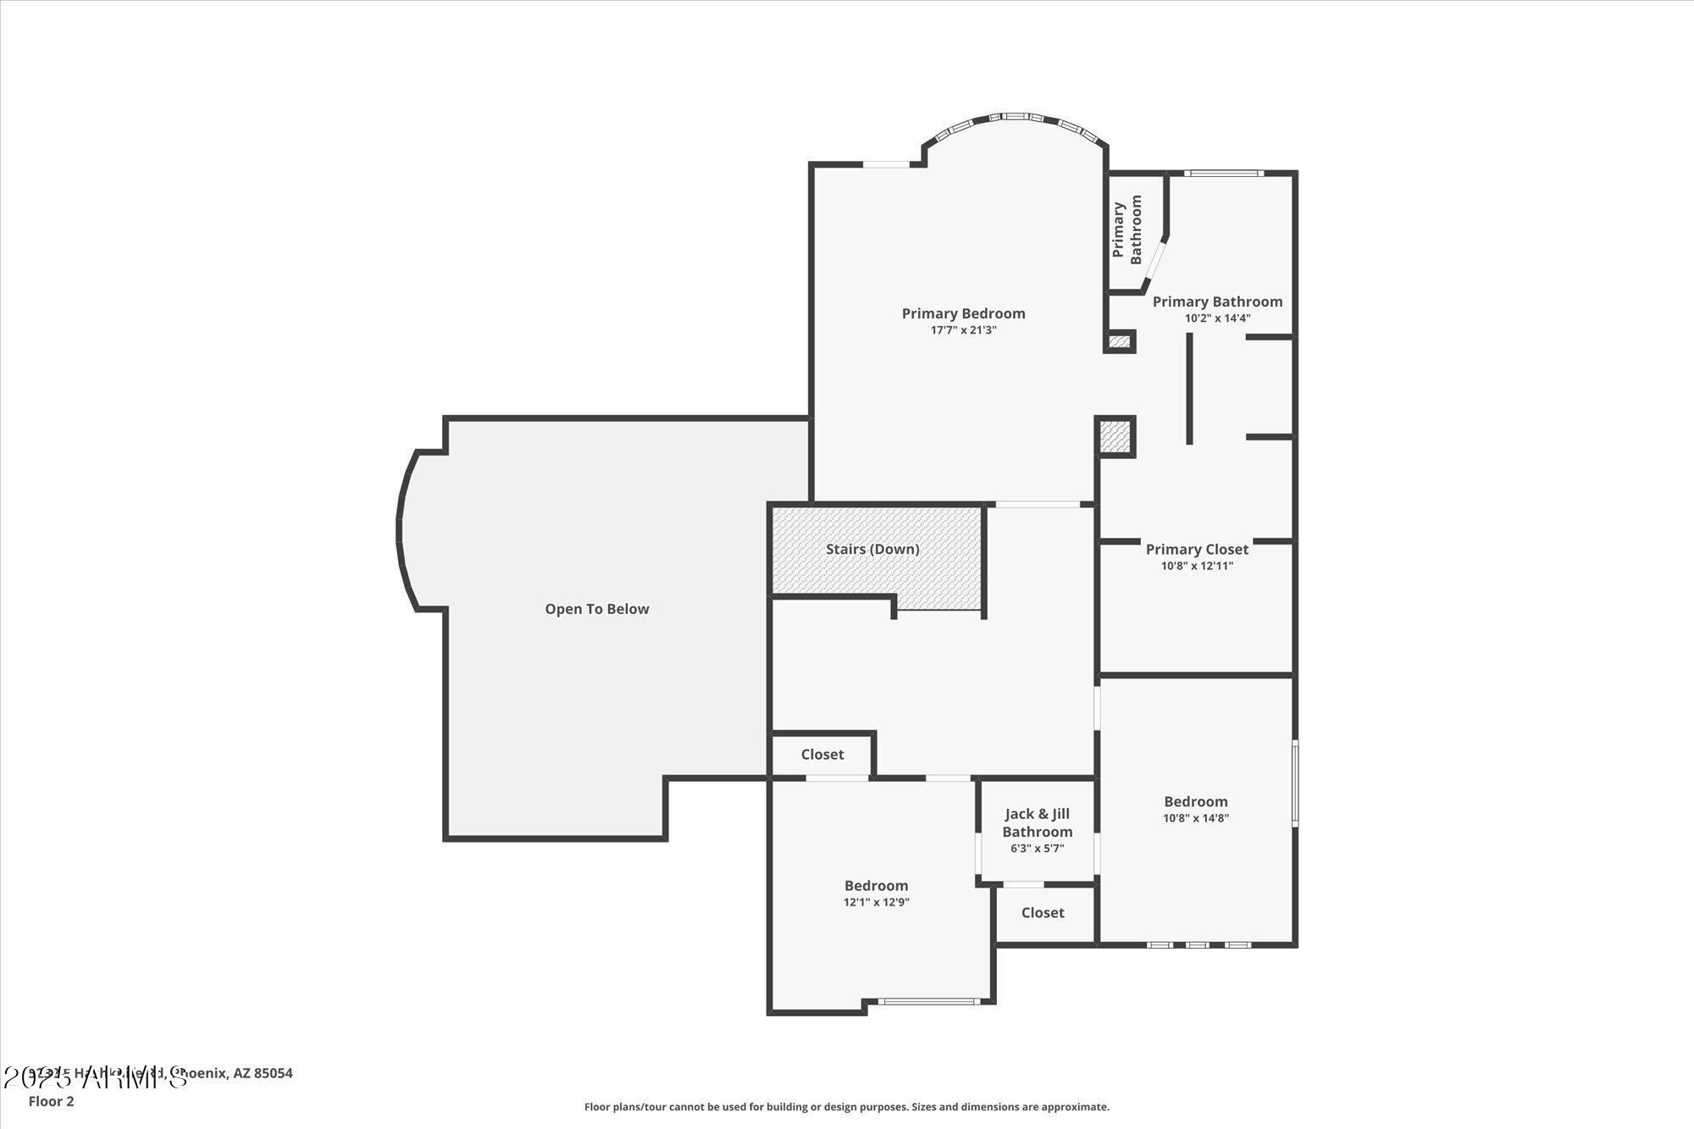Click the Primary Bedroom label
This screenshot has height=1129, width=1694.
pyautogui.click(x=963, y=313)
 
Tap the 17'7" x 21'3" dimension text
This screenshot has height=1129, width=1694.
pyautogui.click(x=963, y=330)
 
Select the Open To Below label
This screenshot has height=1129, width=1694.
pyautogui.click(x=596, y=609)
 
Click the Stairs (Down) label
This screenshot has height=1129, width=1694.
pyautogui.click(x=872, y=549)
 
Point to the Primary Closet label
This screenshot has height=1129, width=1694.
pyautogui.click(x=1197, y=549)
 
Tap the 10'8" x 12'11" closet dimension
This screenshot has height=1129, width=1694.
pyautogui.click(x=1197, y=566)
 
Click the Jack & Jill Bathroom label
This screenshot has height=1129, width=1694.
pyautogui.click(x=1038, y=822)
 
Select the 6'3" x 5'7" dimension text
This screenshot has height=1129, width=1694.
pyautogui.click(x=1038, y=849)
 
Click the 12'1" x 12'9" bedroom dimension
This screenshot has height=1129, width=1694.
pyautogui.click(x=876, y=903)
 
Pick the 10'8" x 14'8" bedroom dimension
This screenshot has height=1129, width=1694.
pyautogui.click(x=1195, y=818)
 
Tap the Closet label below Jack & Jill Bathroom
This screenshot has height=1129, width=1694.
pyautogui.click(x=1043, y=913)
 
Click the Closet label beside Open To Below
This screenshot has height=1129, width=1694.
pyautogui.click(x=822, y=755)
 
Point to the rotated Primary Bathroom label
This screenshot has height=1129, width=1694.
pyautogui.click(x=1127, y=230)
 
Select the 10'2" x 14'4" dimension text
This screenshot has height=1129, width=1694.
pyautogui.click(x=1217, y=318)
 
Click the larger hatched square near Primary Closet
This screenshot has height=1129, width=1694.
pyautogui.click(x=1115, y=436)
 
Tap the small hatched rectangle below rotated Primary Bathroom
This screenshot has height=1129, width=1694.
pyautogui.click(x=1120, y=341)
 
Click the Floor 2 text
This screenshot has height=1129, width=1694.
pyautogui.click(x=51, y=1101)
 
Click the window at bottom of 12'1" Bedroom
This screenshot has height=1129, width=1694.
pyautogui.click(x=928, y=1001)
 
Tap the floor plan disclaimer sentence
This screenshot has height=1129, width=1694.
pyautogui.click(x=846, y=1107)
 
